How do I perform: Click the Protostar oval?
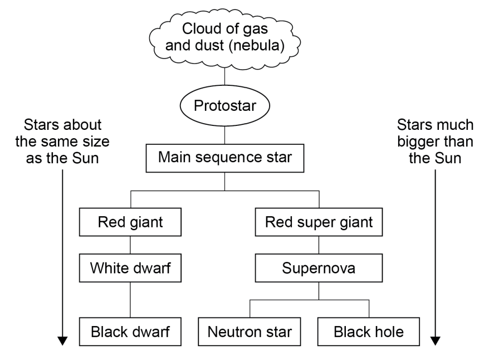(223, 106)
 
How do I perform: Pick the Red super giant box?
(318, 222)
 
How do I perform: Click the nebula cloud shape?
(223, 36)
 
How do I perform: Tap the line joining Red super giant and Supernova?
(318, 246)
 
